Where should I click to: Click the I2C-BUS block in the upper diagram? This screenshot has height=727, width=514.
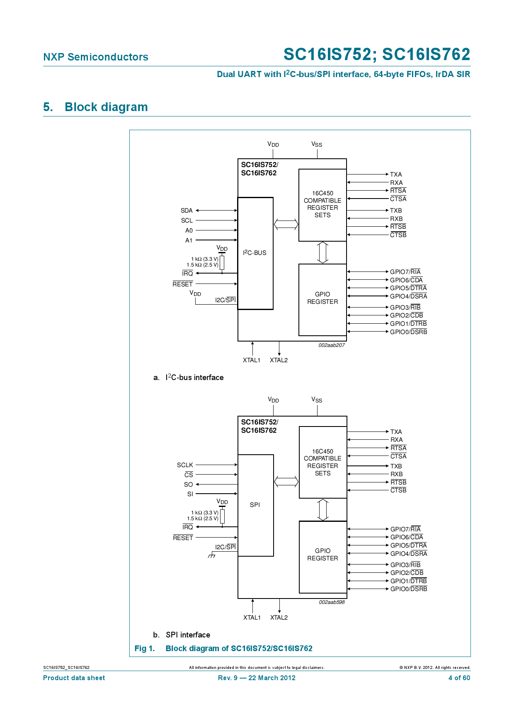coord(255,253)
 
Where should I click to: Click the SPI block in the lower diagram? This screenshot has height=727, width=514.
coord(255,505)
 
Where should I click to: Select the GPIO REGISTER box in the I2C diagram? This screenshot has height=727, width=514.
coord(322,298)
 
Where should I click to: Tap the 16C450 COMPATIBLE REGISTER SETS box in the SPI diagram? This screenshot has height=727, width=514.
coord(322,462)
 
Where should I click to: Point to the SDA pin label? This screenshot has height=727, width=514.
coord(187,211)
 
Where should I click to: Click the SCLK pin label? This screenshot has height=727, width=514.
coord(185,465)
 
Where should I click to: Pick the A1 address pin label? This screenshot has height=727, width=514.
coord(189,240)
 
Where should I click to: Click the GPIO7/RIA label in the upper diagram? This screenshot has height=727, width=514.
coord(405,272)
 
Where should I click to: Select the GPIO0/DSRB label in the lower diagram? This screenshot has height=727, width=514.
coord(408,589)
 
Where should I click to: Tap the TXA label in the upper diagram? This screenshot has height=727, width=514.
coord(396,174)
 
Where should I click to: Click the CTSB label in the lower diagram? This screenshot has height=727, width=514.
coord(398,490)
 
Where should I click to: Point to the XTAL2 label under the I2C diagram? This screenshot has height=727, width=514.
coord(279,360)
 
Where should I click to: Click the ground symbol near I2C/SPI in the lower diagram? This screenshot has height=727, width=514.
coord(212,555)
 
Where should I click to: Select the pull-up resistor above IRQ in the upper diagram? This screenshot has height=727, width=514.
coord(222,262)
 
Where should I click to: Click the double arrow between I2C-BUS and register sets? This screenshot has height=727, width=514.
coord(286,224)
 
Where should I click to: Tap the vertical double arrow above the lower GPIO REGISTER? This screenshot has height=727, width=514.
coord(322,510)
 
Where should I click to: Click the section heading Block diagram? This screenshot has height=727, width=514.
coord(106,107)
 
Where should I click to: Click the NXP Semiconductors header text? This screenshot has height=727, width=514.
coord(96,57)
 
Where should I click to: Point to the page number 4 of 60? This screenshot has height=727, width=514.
coord(459,678)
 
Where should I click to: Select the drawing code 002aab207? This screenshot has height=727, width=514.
coord(331,345)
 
